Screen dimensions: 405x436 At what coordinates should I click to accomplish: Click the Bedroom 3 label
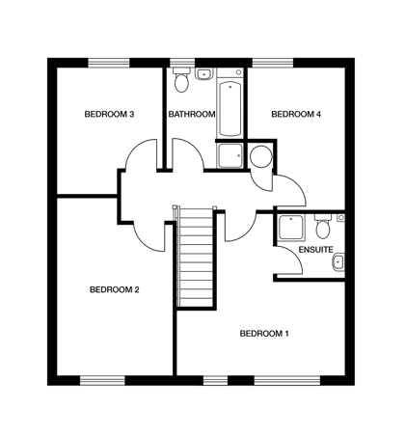pyautogui.click(x=109, y=114)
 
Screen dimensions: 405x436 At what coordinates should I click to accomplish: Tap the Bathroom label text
pyautogui.click(x=192, y=114)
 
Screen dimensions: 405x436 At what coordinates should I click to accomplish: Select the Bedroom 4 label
pyautogui.click(x=296, y=114)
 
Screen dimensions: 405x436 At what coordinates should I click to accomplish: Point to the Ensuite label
pyautogui.click(x=315, y=250)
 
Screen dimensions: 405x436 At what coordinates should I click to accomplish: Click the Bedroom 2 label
pyautogui.click(x=115, y=289)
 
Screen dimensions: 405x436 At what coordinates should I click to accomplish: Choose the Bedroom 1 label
pyautogui.click(x=264, y=334)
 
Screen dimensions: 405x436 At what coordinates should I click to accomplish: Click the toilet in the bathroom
pyautogui.click(x=181, y=79)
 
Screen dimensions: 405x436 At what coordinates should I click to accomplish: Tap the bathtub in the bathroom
pyautogui.click(x=229, y=109)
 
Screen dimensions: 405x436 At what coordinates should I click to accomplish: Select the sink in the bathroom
pyautogui.click(x=203, y=74)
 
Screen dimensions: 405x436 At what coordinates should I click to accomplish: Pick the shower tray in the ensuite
pyautogui.click(x=291, y=228)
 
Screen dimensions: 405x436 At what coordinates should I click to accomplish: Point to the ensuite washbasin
pyautogui.click(x=338, y=262)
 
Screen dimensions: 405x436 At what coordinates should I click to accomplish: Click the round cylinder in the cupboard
pyautogui.click(x=261, y=156)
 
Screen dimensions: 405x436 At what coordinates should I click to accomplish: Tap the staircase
pyautogui.click(x=195, y=258)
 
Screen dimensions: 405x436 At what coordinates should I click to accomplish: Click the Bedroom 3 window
pyautogui.click(x=109, y=63)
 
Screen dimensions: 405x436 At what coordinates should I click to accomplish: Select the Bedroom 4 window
pyautogui.click(x=273, y=63)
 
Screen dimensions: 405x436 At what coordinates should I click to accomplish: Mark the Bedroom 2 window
pyautogui.click(x=102, y=381)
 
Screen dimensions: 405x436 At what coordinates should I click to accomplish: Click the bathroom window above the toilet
pyautogui.click(x=182, y=63)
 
